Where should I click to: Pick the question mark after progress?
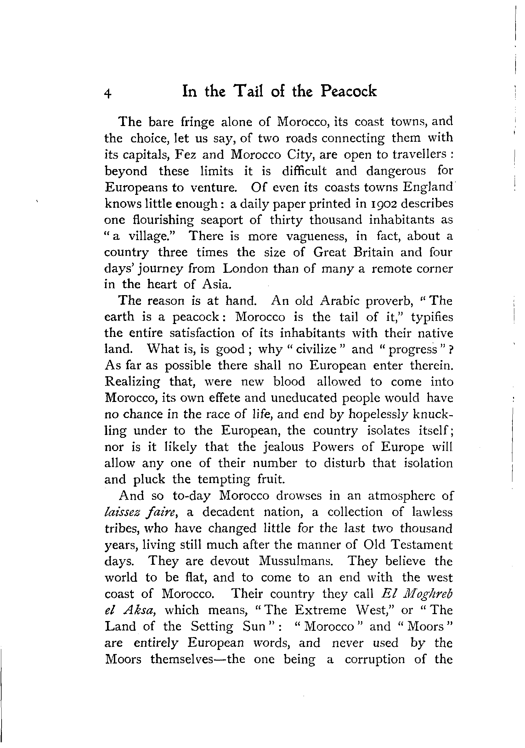pos(451,349)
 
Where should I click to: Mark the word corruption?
pos(375,659)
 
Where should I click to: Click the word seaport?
pos(222,220)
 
